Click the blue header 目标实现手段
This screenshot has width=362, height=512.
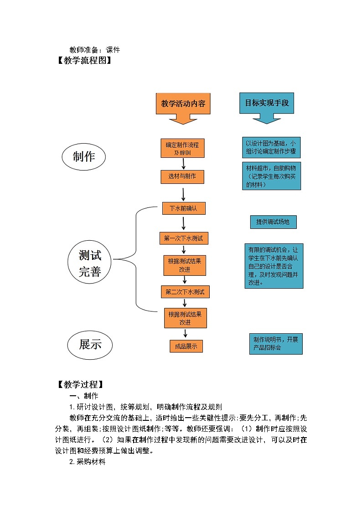point(267,103)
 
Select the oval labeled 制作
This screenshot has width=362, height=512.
point(84,157)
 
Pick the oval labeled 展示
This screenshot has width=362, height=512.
point(90,345)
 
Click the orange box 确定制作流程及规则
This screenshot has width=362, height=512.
point(182,148)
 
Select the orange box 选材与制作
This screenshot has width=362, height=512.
point(182,176)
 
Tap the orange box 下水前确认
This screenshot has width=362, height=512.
point(184,208)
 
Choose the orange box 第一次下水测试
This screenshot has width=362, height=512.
point(183,238)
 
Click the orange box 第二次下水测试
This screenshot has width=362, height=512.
point(185,292)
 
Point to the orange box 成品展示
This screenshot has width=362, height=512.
point(186,346)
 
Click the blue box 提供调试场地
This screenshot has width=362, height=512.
point(273,222)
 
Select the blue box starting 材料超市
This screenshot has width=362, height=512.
point(272,176)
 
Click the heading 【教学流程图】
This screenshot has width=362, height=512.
point(84,60)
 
